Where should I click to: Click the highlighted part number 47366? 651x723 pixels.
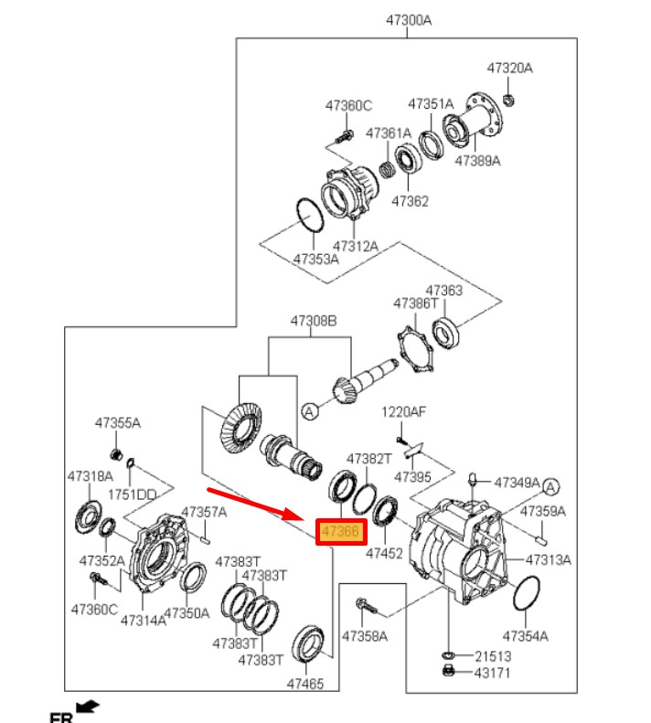coord(341,532)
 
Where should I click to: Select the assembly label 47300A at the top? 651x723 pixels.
coord(407,20)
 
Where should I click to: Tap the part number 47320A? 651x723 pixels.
coord(509,69)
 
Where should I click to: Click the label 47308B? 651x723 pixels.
coord(314,322)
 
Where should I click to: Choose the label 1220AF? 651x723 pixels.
coord(404,412)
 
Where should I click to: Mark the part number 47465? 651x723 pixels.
coord(305,683)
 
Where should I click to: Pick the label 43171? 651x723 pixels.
coord(493,674)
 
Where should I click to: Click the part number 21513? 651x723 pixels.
coord(493,656)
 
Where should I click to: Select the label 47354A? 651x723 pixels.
coord(525,635)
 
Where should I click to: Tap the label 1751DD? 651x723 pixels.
coord(134,494)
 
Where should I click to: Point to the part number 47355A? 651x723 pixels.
coord(118,423)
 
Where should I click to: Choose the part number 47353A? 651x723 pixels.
coord(315,259)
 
